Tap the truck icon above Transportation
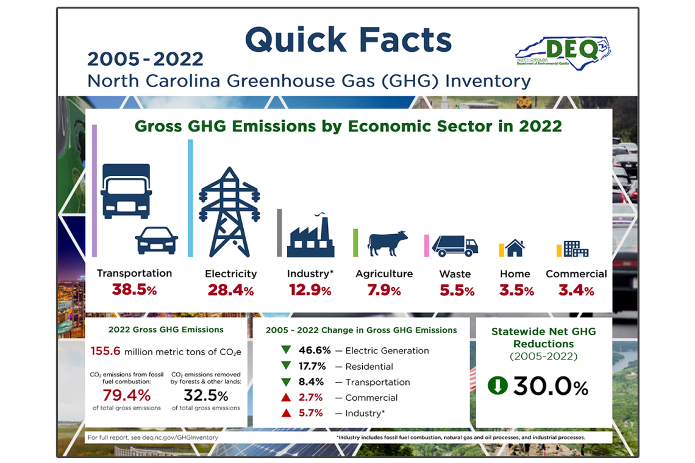(x=126, y=191)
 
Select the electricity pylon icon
(x=229, y=212)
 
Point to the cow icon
(x=387, y=242)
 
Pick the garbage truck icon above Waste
(x=455, y=246)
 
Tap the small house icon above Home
(x=515, y=247)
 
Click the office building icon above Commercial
(x=576, y=249)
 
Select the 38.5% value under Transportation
(x=134, y=290)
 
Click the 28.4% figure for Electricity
(x=230, y=291)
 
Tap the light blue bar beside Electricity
(x=190, y=198)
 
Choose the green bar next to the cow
(x=355, y=242)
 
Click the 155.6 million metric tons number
(x=105, y=351)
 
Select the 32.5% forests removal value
(x=205, y=395)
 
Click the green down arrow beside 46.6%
(x=285, y=350)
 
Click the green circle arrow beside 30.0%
(x=497, y=386)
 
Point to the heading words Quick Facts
(x=348, y=40)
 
